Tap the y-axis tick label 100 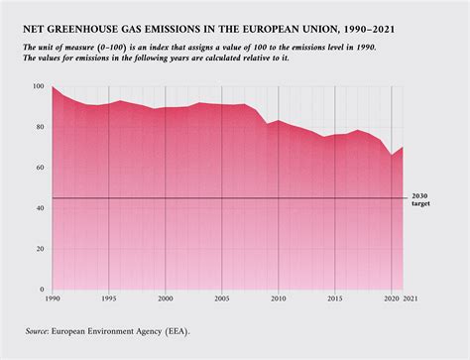point(38,87)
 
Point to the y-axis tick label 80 point(40,127)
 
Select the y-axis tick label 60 point(40,168)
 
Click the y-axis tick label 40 point(40,208)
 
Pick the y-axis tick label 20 point(40,249)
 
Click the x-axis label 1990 point(52,299)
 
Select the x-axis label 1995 point(108,299)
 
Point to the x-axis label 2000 point(165,299)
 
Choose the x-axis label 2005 point(222,299)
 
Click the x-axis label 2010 point(279,299)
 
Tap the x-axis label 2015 point(335,299)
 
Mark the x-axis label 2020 point(391,299)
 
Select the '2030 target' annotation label point(420,198)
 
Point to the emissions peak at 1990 point(52,87)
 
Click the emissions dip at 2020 point(392,156)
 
